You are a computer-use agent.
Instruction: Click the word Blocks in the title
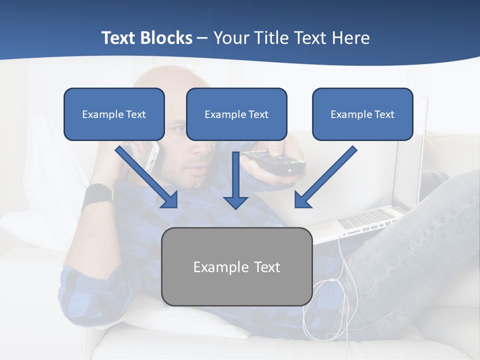(166, 38)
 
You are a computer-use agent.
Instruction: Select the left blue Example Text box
(114, 114)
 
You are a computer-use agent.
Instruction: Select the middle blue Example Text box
(236, 114)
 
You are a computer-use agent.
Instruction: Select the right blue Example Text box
(362, 114)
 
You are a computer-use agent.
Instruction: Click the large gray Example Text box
(236, 266)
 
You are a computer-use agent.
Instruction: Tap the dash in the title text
(202, 38)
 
